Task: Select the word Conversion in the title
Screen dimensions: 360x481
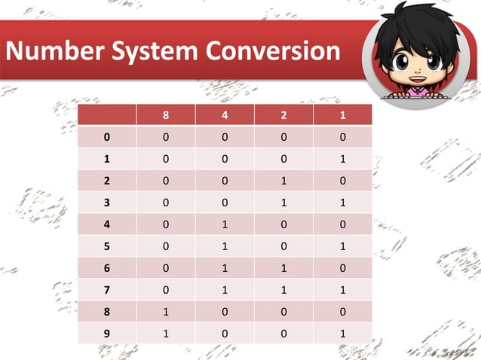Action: tap(271, 51)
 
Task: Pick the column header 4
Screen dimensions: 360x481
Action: tap(225, 116)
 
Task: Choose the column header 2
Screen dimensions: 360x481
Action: tap(283, 116)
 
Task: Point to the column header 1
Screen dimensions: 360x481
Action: tap(342, 116)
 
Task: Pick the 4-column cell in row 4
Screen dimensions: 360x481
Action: tap(225, 224)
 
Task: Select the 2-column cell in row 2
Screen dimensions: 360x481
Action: tap(283, 181)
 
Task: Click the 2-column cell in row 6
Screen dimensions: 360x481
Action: tap(283, 268)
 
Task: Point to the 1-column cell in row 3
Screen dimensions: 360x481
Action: tap(342, 203)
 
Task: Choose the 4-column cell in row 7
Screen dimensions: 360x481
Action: tap(225, 290)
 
